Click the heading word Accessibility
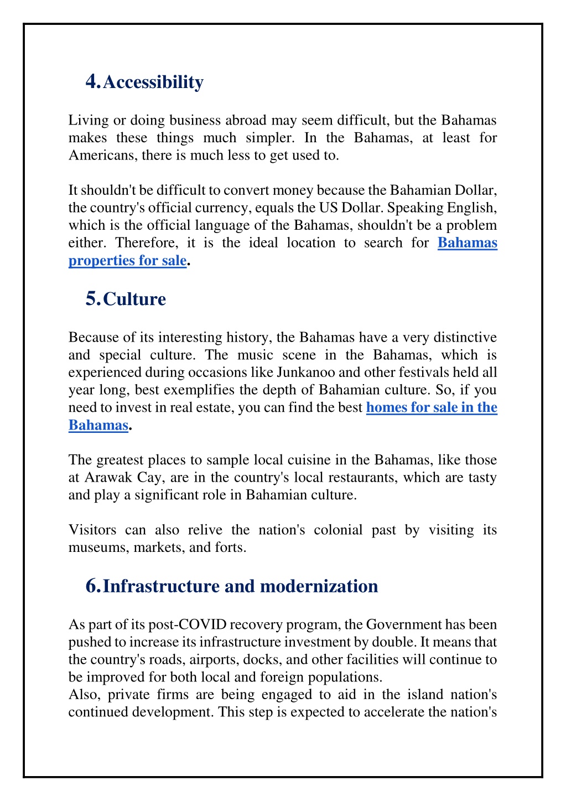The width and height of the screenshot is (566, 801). [x=153, y=82]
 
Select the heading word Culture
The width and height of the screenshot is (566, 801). [x=134, y=299]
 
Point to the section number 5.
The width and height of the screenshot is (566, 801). [x=92, y=299]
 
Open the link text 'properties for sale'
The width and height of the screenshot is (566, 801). [x=127, y=260]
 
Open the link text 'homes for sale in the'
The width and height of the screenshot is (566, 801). [x=432, y=407]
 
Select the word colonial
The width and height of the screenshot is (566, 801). [x=338, y=530]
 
